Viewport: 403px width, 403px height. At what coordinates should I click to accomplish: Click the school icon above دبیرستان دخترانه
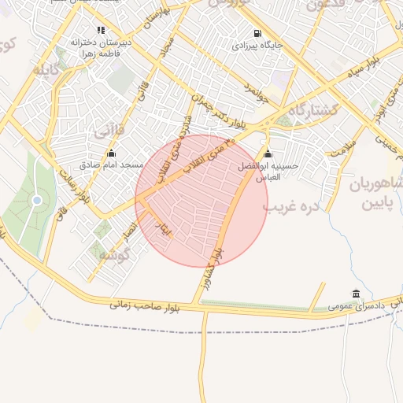point(101,30)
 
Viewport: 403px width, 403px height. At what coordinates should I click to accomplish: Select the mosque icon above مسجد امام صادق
point(111,153)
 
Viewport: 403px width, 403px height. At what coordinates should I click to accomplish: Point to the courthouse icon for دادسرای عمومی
point(357,294)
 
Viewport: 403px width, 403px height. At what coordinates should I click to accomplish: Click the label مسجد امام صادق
point(111,165)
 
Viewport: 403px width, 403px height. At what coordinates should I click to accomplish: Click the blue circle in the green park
point(37,201)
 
